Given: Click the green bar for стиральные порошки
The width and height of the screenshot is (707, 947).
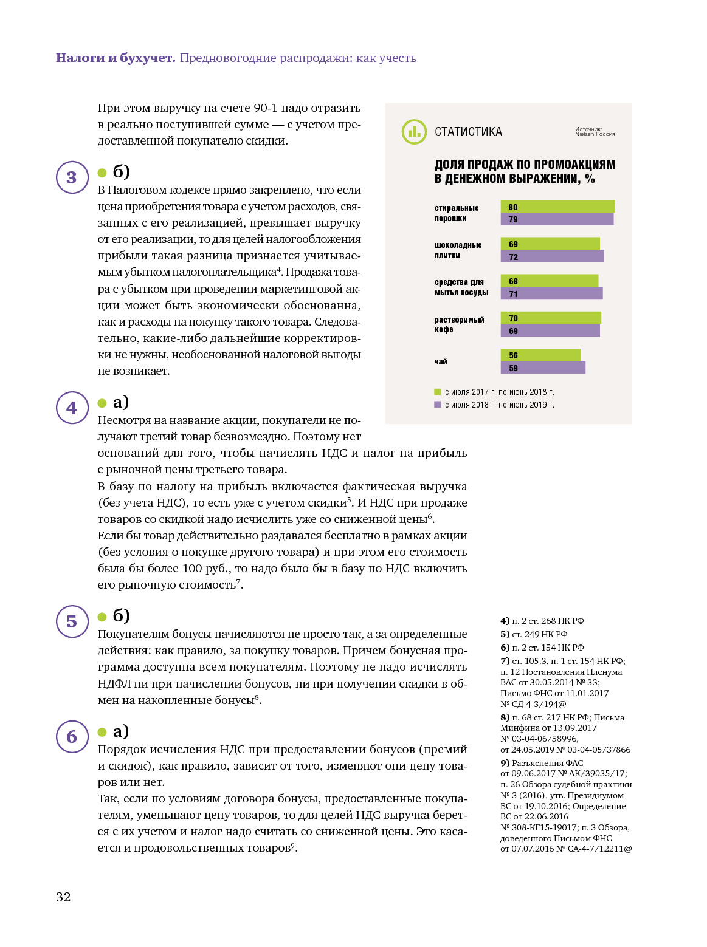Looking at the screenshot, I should [x=557, y=207].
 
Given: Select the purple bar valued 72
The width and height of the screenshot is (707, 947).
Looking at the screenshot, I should [x=552, y=256].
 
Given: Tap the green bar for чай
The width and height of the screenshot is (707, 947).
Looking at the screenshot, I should [x=540, y=355].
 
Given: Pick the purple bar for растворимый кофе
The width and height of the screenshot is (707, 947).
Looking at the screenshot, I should [x=550, y=331].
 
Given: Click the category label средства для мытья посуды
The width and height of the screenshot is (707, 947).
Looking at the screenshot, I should [x=461, y=287].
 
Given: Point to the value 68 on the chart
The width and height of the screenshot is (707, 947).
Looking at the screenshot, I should [x=514, y=281].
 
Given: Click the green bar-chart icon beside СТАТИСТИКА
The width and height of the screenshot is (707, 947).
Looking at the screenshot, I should [x=414, y=132].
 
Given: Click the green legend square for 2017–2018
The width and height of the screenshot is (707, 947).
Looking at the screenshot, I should [x=438, y=392].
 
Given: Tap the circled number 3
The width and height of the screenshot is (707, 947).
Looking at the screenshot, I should [x=72, y=177].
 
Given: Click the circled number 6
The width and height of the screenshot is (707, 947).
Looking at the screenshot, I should [x=72, y=737].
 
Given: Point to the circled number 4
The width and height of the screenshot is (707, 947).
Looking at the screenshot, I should [x=72, y=408].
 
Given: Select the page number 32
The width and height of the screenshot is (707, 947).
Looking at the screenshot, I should [x=63, y=897].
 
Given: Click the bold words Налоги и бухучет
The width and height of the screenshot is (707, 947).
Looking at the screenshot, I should [x=116, y=58].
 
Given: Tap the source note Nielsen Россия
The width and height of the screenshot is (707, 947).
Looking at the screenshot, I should [x=595, y=133].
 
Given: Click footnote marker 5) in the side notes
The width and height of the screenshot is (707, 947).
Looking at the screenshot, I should [x=505, y=634].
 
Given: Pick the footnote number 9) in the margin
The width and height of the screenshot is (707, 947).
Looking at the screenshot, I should [x=505, y=763].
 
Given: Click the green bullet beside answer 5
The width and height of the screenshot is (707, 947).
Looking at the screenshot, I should [x=102, y=617].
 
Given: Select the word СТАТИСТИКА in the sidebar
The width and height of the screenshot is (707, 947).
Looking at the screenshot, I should [x=468, y=132].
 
